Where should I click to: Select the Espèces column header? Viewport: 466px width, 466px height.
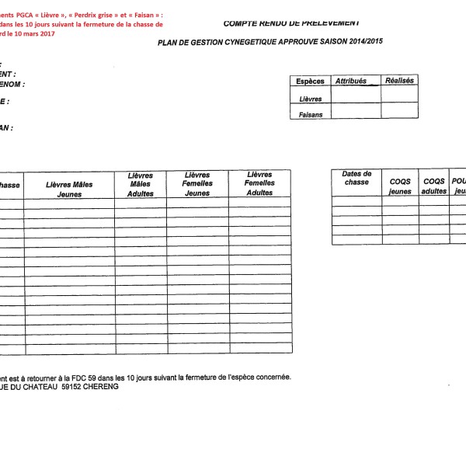[x=311, y=82]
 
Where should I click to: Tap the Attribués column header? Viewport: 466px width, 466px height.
[x=350, y=81]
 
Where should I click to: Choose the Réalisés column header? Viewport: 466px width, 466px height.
[x=399, y=81]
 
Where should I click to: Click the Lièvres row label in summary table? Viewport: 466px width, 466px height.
[x=311, y=99]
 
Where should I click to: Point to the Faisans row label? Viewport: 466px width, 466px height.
[x=311, y=114]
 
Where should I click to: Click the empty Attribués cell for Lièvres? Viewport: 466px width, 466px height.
[x=356, y=95]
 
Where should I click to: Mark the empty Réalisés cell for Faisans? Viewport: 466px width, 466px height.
[x=398, y=112]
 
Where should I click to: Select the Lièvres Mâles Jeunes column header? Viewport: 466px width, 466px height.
[x=69, y=190]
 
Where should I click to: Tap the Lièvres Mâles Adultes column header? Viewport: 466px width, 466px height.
[x=141, y=185]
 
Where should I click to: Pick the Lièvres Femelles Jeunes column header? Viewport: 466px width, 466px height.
[x=197, y=185]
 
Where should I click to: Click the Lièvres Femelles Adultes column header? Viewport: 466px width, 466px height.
[x=259, y=184]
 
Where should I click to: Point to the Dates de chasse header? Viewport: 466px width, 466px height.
[x=356, y=178]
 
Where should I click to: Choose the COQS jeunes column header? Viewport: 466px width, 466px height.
[x=400, y=186]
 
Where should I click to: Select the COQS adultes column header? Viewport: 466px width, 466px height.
[x=434, y=186]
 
